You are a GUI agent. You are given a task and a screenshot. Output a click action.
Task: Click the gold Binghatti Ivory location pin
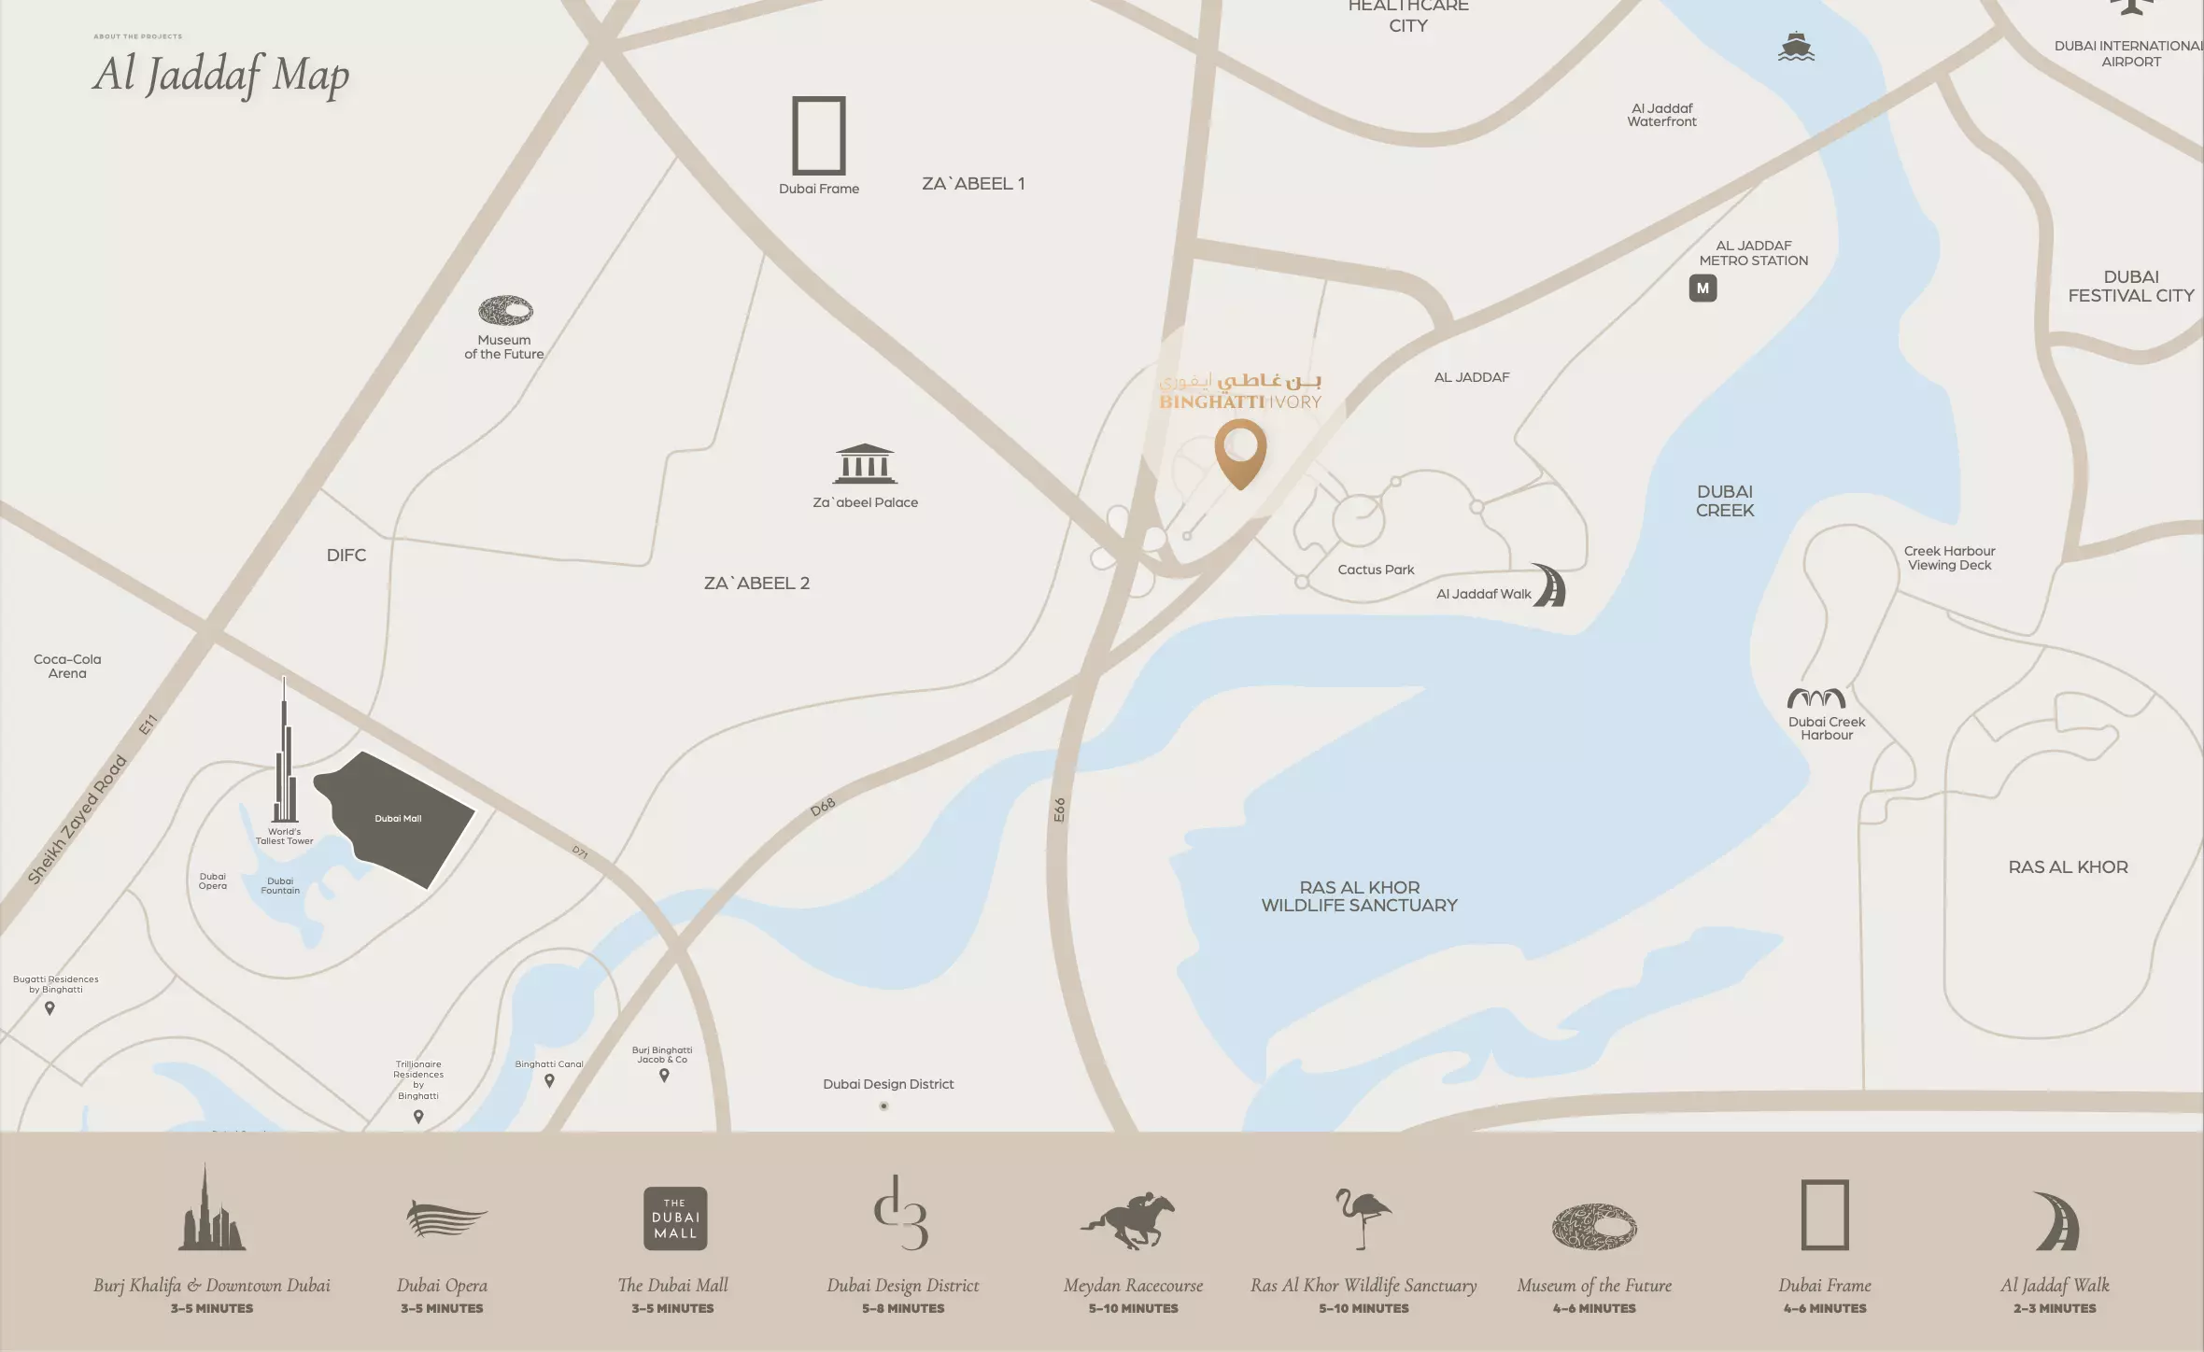pyautogui.click(x=1240, y=451)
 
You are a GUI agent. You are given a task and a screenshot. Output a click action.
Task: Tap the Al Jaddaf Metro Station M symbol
pyautogui.click(x=1702, y=289)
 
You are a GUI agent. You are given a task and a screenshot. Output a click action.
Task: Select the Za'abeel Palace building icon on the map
pyautogui.click(x=865, y=463)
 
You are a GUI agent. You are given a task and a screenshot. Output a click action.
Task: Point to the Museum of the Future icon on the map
pyautogui.click(x=505, y=311)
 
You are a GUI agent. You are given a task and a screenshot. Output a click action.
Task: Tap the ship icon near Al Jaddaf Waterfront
pyautogui.click(x=1795, y=46)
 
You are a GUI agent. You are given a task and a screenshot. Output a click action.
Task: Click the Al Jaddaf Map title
pyautogui.click(x=221, y=74)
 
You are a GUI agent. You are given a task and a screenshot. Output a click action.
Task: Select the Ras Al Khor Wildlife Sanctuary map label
pyautogui.click(x=1359, y=896)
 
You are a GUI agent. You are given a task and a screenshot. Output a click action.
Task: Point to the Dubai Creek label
pyautogui.click(x=1725, y=500)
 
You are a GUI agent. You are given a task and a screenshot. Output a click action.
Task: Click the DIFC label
pyautogui.click(x=346, y=556)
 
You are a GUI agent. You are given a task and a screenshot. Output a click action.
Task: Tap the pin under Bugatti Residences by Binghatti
pyautogui.click(x=50, y=1008)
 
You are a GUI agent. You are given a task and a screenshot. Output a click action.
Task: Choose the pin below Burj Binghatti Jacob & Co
pyautogui.click(x=664, y=1076)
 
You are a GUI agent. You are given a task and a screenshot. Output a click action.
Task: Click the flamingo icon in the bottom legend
pyautogui.click(x=1363, y=1218)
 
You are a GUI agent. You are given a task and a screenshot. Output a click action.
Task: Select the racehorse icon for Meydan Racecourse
pyautogui.click(x=1129, y=1219)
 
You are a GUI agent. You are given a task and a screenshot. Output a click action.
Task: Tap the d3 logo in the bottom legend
pyautogui.click(x=900, y=1213)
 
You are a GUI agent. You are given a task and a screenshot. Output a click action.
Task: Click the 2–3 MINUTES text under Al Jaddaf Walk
pyautogui.click(x=2055, y=1309)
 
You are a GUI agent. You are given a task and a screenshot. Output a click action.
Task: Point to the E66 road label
pyautogui.click(x=1059, y=810)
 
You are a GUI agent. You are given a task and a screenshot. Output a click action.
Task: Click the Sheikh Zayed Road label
pyautogui.click(x=77, y=820)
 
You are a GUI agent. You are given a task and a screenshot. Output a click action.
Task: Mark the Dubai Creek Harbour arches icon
pyautogui.click(x=1815, y=698)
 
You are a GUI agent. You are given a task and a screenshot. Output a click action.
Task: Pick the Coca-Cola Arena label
pyautogui.click(x=67, y=666)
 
